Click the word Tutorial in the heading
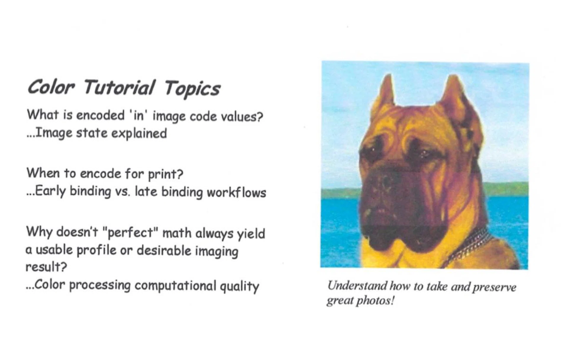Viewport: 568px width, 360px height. [x=119, y=87]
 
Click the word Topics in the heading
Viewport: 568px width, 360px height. [x=192, y=89]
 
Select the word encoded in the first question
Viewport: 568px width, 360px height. [x=101, y=115]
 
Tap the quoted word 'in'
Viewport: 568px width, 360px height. [x=138, y=115]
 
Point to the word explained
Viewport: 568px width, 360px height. [x=139, y=134]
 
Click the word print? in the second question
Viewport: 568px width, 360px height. [x=166, y=174]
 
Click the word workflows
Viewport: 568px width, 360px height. [x=236, y=192]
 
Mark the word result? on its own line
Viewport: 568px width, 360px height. [x=46, y=267]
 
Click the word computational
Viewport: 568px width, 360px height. [x=175, y=286]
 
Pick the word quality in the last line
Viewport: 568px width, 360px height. [x=239, y=287]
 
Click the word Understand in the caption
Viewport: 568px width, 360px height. [x=357, y=286]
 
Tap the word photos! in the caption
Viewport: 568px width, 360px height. [x=375, y=301]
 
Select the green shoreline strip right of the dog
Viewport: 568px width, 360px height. [x=506, y=189]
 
